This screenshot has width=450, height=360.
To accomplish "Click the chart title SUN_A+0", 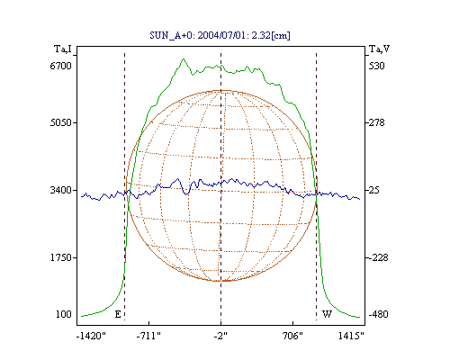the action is click(171, 35).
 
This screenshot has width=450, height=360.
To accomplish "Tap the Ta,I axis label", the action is click(63, 49).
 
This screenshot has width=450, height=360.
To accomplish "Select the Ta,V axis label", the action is click(379, 49).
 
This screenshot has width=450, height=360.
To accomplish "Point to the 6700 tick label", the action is click(61, 66).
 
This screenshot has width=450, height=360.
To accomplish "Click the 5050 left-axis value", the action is click(61, 122).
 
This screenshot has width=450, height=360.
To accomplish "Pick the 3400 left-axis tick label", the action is click(61, 190).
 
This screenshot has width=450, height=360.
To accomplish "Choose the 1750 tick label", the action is click(61, 257).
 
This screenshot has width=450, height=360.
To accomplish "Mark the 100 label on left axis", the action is click(64, 314).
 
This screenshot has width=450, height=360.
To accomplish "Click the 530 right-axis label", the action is click(376, 66).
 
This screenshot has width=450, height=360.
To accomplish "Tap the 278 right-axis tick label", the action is click(376, 122).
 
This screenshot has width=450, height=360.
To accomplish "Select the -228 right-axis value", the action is click(378, 257).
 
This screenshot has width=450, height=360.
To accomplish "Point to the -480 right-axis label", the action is click(378, 314).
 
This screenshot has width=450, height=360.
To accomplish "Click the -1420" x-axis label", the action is click(91, 336).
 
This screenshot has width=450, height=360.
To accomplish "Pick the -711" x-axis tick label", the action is click(148, 336).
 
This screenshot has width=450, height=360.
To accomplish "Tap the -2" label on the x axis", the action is click(220, 336).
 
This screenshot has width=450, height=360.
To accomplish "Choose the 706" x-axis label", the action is click(292, 336).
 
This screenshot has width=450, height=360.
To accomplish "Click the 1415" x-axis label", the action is click(351, 336).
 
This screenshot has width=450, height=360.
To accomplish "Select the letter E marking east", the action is click(118, 314).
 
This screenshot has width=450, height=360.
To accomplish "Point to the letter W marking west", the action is click(327, 314).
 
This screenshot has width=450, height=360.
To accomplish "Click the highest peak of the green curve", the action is click(184, 58).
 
